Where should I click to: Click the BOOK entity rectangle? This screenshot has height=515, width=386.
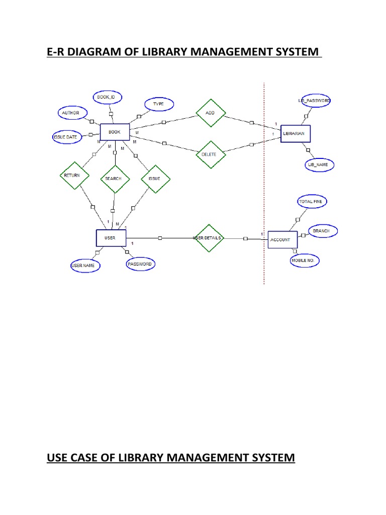pos(115,132)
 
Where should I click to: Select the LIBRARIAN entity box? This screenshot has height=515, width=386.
pos(296,133)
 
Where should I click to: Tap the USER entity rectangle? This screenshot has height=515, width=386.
pos(111,238)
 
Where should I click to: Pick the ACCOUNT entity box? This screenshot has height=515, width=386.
pos(280,240)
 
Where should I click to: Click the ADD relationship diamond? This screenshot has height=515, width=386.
pos(210,113)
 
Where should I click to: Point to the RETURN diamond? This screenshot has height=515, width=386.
pos(74,176)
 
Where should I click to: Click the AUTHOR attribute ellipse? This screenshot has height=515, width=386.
pos(71,113)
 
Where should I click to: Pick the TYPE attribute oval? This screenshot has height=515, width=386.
pos(158,104)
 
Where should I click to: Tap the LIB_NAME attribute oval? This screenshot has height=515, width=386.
pos(318,165)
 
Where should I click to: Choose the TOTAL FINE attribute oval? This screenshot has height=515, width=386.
pos(312,202)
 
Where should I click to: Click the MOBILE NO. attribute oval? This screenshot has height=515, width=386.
pos(305,261)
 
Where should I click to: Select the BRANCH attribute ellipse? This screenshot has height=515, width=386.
pos(322,231)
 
